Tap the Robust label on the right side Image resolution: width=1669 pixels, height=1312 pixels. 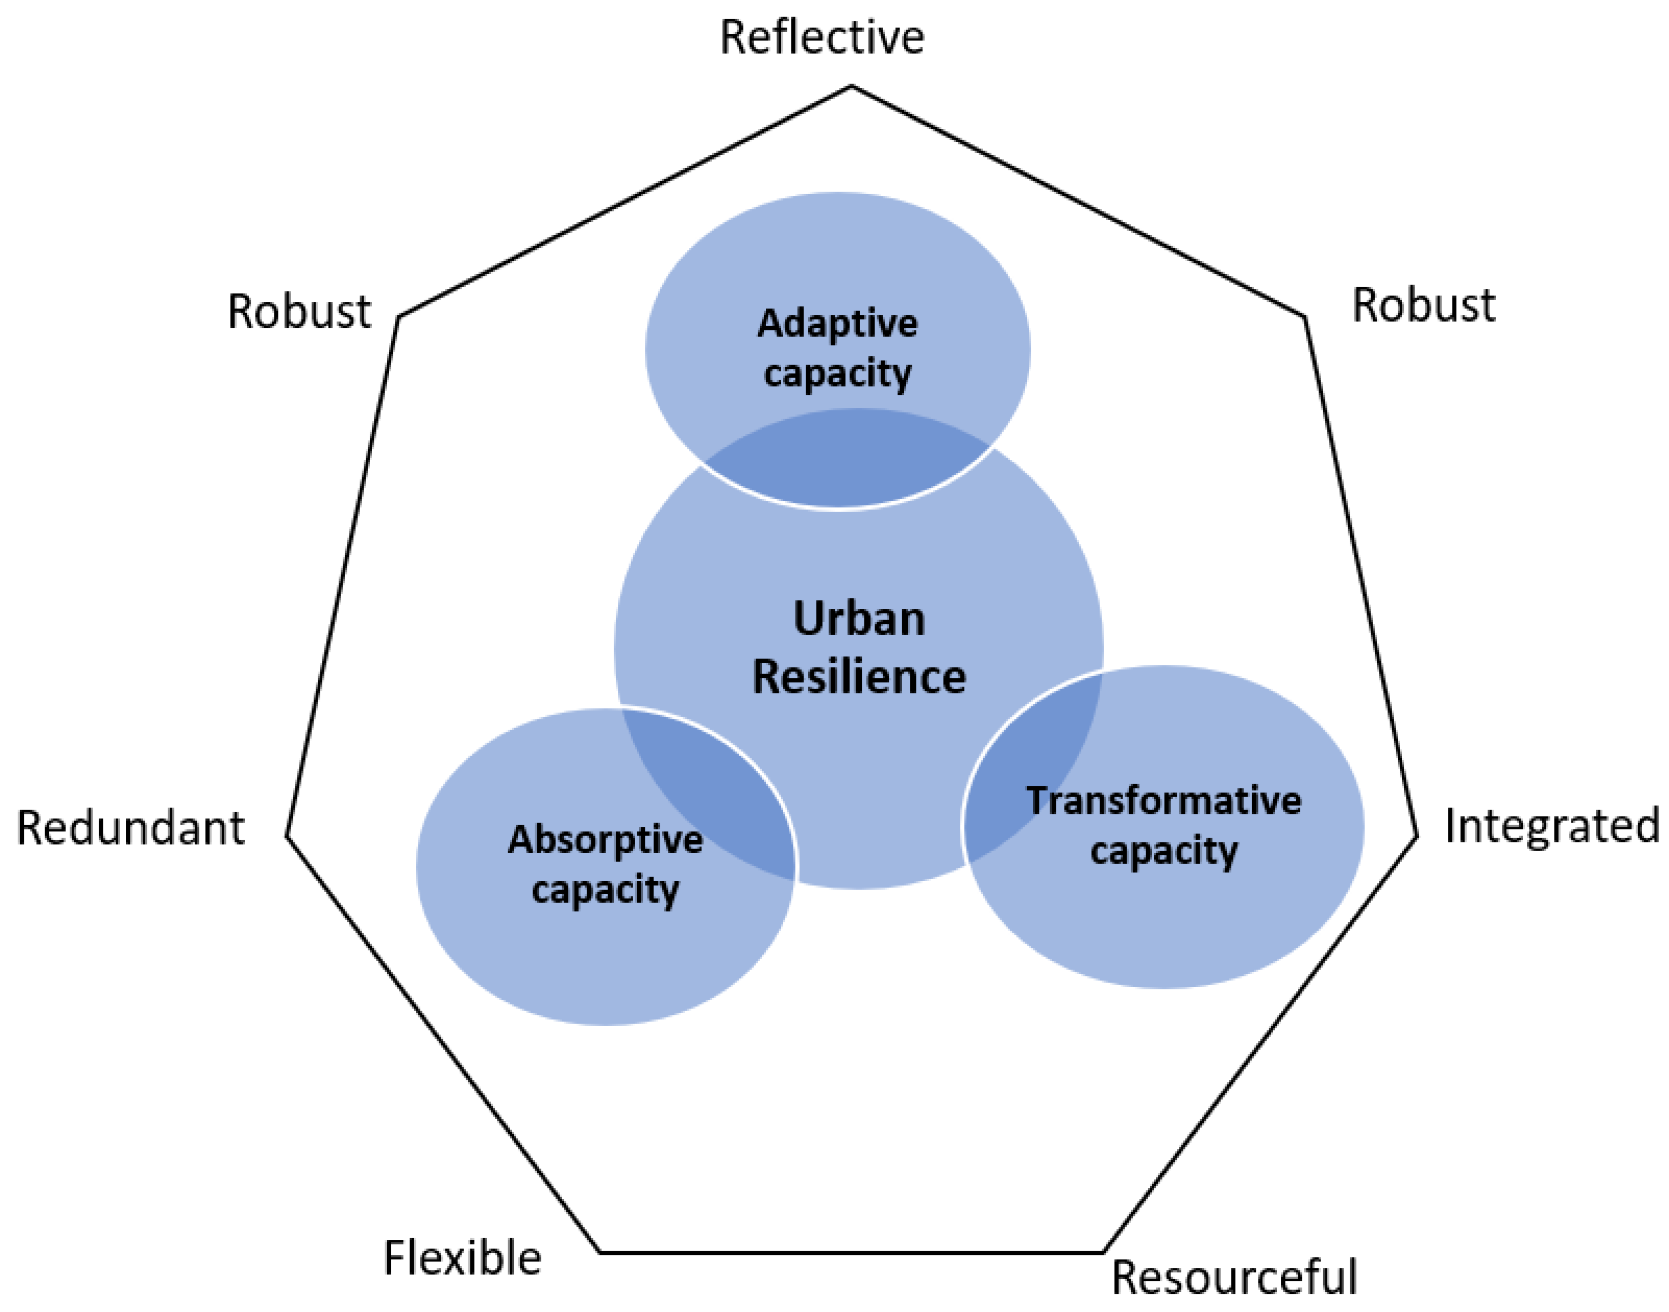(x=1423, y=305)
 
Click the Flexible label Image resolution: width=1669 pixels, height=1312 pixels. (x=462, y=1258)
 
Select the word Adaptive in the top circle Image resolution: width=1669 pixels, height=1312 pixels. (x=837, y=323)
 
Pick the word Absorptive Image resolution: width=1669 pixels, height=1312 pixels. (x=605, y=840)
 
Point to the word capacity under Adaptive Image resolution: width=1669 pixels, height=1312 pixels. (x=837, y=374)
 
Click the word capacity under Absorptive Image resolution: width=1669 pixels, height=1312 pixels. (x=605, y=890)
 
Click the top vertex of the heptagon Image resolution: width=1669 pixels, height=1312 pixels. (x=851, y=86)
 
